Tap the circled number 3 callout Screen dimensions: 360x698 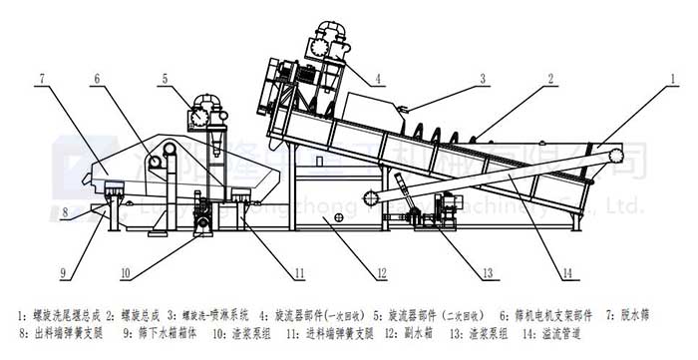click(x=482, y=78)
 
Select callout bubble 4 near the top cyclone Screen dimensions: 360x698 click(x=378, y=77)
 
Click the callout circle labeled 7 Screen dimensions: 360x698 click(x=44, y=78)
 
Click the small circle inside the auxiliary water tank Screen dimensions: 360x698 click(x=338, y=216)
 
